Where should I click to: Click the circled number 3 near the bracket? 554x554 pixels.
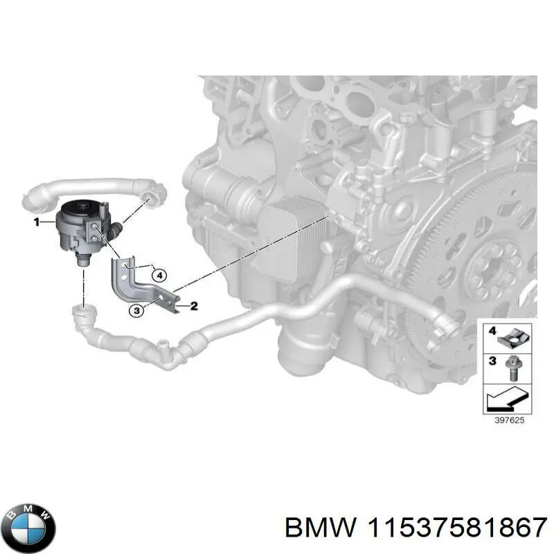137,312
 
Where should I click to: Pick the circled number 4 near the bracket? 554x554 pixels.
159,275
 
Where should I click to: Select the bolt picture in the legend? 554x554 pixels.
514,367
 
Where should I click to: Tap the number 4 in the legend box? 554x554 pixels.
492,331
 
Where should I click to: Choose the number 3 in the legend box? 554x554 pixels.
492,361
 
